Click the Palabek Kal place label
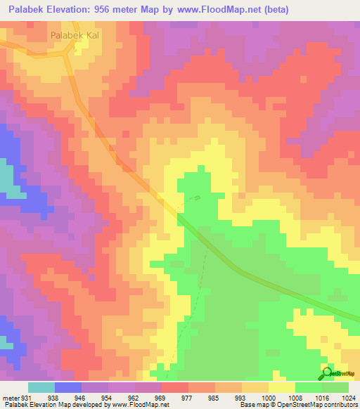[74, 34]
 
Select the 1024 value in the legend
[349, 397]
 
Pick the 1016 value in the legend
[322, 397]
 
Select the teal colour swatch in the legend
[41, 387]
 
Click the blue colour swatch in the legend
[68, 387]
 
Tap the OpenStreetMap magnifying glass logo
[327, 372]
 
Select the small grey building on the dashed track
[197, 198]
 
